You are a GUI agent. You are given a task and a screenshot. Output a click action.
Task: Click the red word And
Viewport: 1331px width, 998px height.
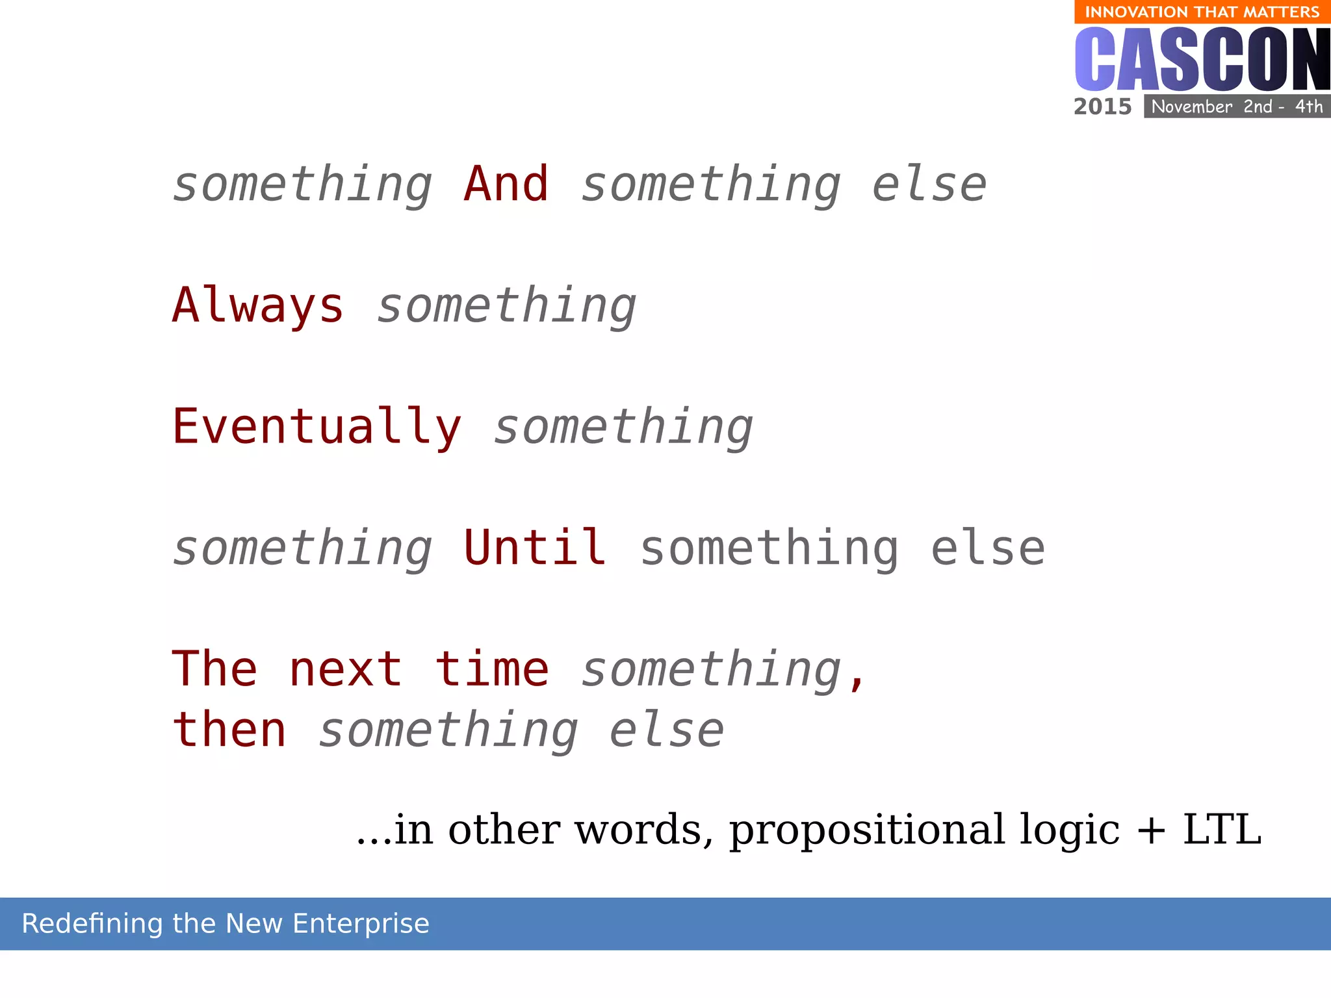click(x=506, y=184)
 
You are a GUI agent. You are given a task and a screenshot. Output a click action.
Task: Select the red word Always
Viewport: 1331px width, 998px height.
click(x=258, y=305)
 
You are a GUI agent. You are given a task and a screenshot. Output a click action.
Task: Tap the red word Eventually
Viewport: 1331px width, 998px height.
click(x=317, y=427)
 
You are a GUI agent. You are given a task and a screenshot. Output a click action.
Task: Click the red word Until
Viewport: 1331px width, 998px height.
click(x=535, y=548)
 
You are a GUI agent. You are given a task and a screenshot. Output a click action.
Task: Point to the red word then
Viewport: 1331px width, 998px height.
click(x=229, y=730)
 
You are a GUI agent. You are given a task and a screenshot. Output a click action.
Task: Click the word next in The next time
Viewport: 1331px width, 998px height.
click(x=346, y=669)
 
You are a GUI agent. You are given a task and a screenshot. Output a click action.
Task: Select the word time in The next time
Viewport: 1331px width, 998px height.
click(x=492, y=669)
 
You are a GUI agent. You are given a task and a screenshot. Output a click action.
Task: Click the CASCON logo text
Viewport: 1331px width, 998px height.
click(x=1202, y=60)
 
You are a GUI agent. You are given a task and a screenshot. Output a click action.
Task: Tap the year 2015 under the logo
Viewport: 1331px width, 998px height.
click(x=1102, y=107)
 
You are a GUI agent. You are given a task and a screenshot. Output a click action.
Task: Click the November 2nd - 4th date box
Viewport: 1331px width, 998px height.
click(x=1237, y=107)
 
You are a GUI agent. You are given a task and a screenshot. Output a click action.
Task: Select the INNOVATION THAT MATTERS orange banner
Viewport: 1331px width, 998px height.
click(x=1202, y=12)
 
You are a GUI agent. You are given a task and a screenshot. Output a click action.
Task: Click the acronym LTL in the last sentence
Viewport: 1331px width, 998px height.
click(x=1222, y=830)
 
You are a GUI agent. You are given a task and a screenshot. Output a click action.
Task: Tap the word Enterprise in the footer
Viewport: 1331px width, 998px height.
click(x=361, y=923)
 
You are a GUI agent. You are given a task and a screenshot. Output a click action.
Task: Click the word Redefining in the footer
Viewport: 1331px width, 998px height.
click(x=92, y=923)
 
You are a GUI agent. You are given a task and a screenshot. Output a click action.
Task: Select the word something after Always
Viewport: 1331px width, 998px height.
click(x=506, y=305)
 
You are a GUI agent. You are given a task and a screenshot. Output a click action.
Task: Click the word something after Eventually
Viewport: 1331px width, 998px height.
click(x=623, y=427)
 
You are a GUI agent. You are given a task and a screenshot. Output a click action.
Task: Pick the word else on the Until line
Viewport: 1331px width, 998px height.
click(x=987, y=548)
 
